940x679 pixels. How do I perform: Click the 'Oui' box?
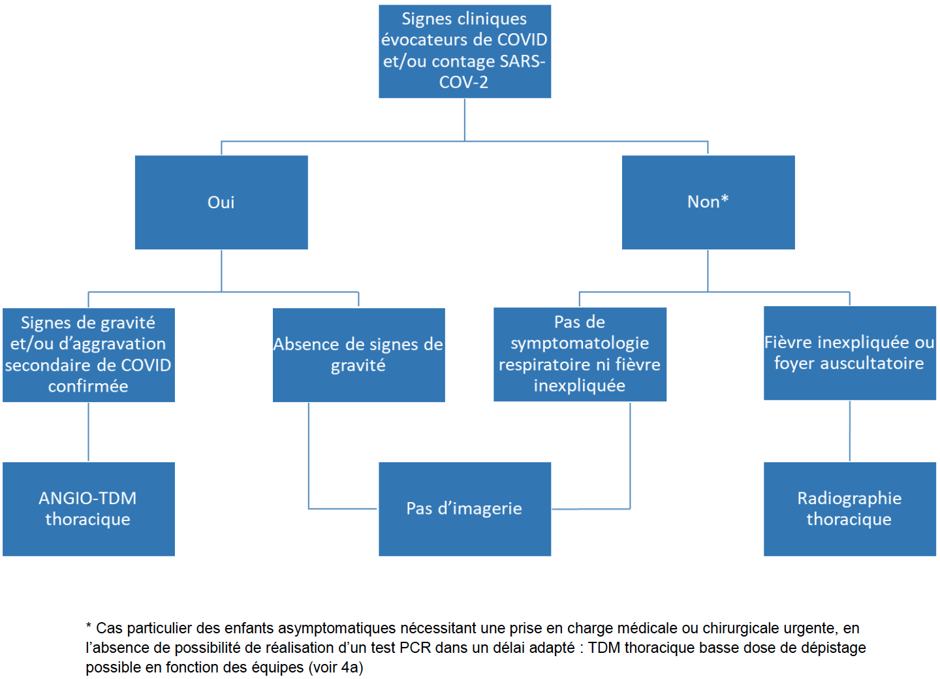(x=221, y=202)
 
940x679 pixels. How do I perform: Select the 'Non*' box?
(x=708, y=202)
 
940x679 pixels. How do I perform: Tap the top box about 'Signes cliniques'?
(x=465, y=51)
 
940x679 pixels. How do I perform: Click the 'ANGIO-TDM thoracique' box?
(x=89, y=509)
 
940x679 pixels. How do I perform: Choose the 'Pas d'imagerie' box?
(x=465, y=509)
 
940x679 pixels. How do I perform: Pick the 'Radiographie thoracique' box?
(x=850, y=509)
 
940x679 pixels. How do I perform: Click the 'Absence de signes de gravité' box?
(x=359, y=355)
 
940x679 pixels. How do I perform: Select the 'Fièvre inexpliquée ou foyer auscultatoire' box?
(x=850, y=353)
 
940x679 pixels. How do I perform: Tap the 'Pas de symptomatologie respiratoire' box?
(x=580, y=354)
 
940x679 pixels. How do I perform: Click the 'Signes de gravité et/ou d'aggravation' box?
(x=89, y=355)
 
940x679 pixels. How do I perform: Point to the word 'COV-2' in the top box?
(x=463, y=82)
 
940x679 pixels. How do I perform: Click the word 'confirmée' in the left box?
(x=88, y=386)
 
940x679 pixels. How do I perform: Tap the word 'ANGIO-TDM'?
(x=87, y=498)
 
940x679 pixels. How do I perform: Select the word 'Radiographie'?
(x=849, y=498)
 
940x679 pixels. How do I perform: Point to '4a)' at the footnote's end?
(x=352, y=667)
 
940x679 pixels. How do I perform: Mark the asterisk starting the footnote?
(x=89, y=626)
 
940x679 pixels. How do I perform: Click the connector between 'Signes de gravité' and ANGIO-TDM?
(x=89, y=432)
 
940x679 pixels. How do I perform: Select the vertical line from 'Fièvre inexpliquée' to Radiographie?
(x=850, y=431)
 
